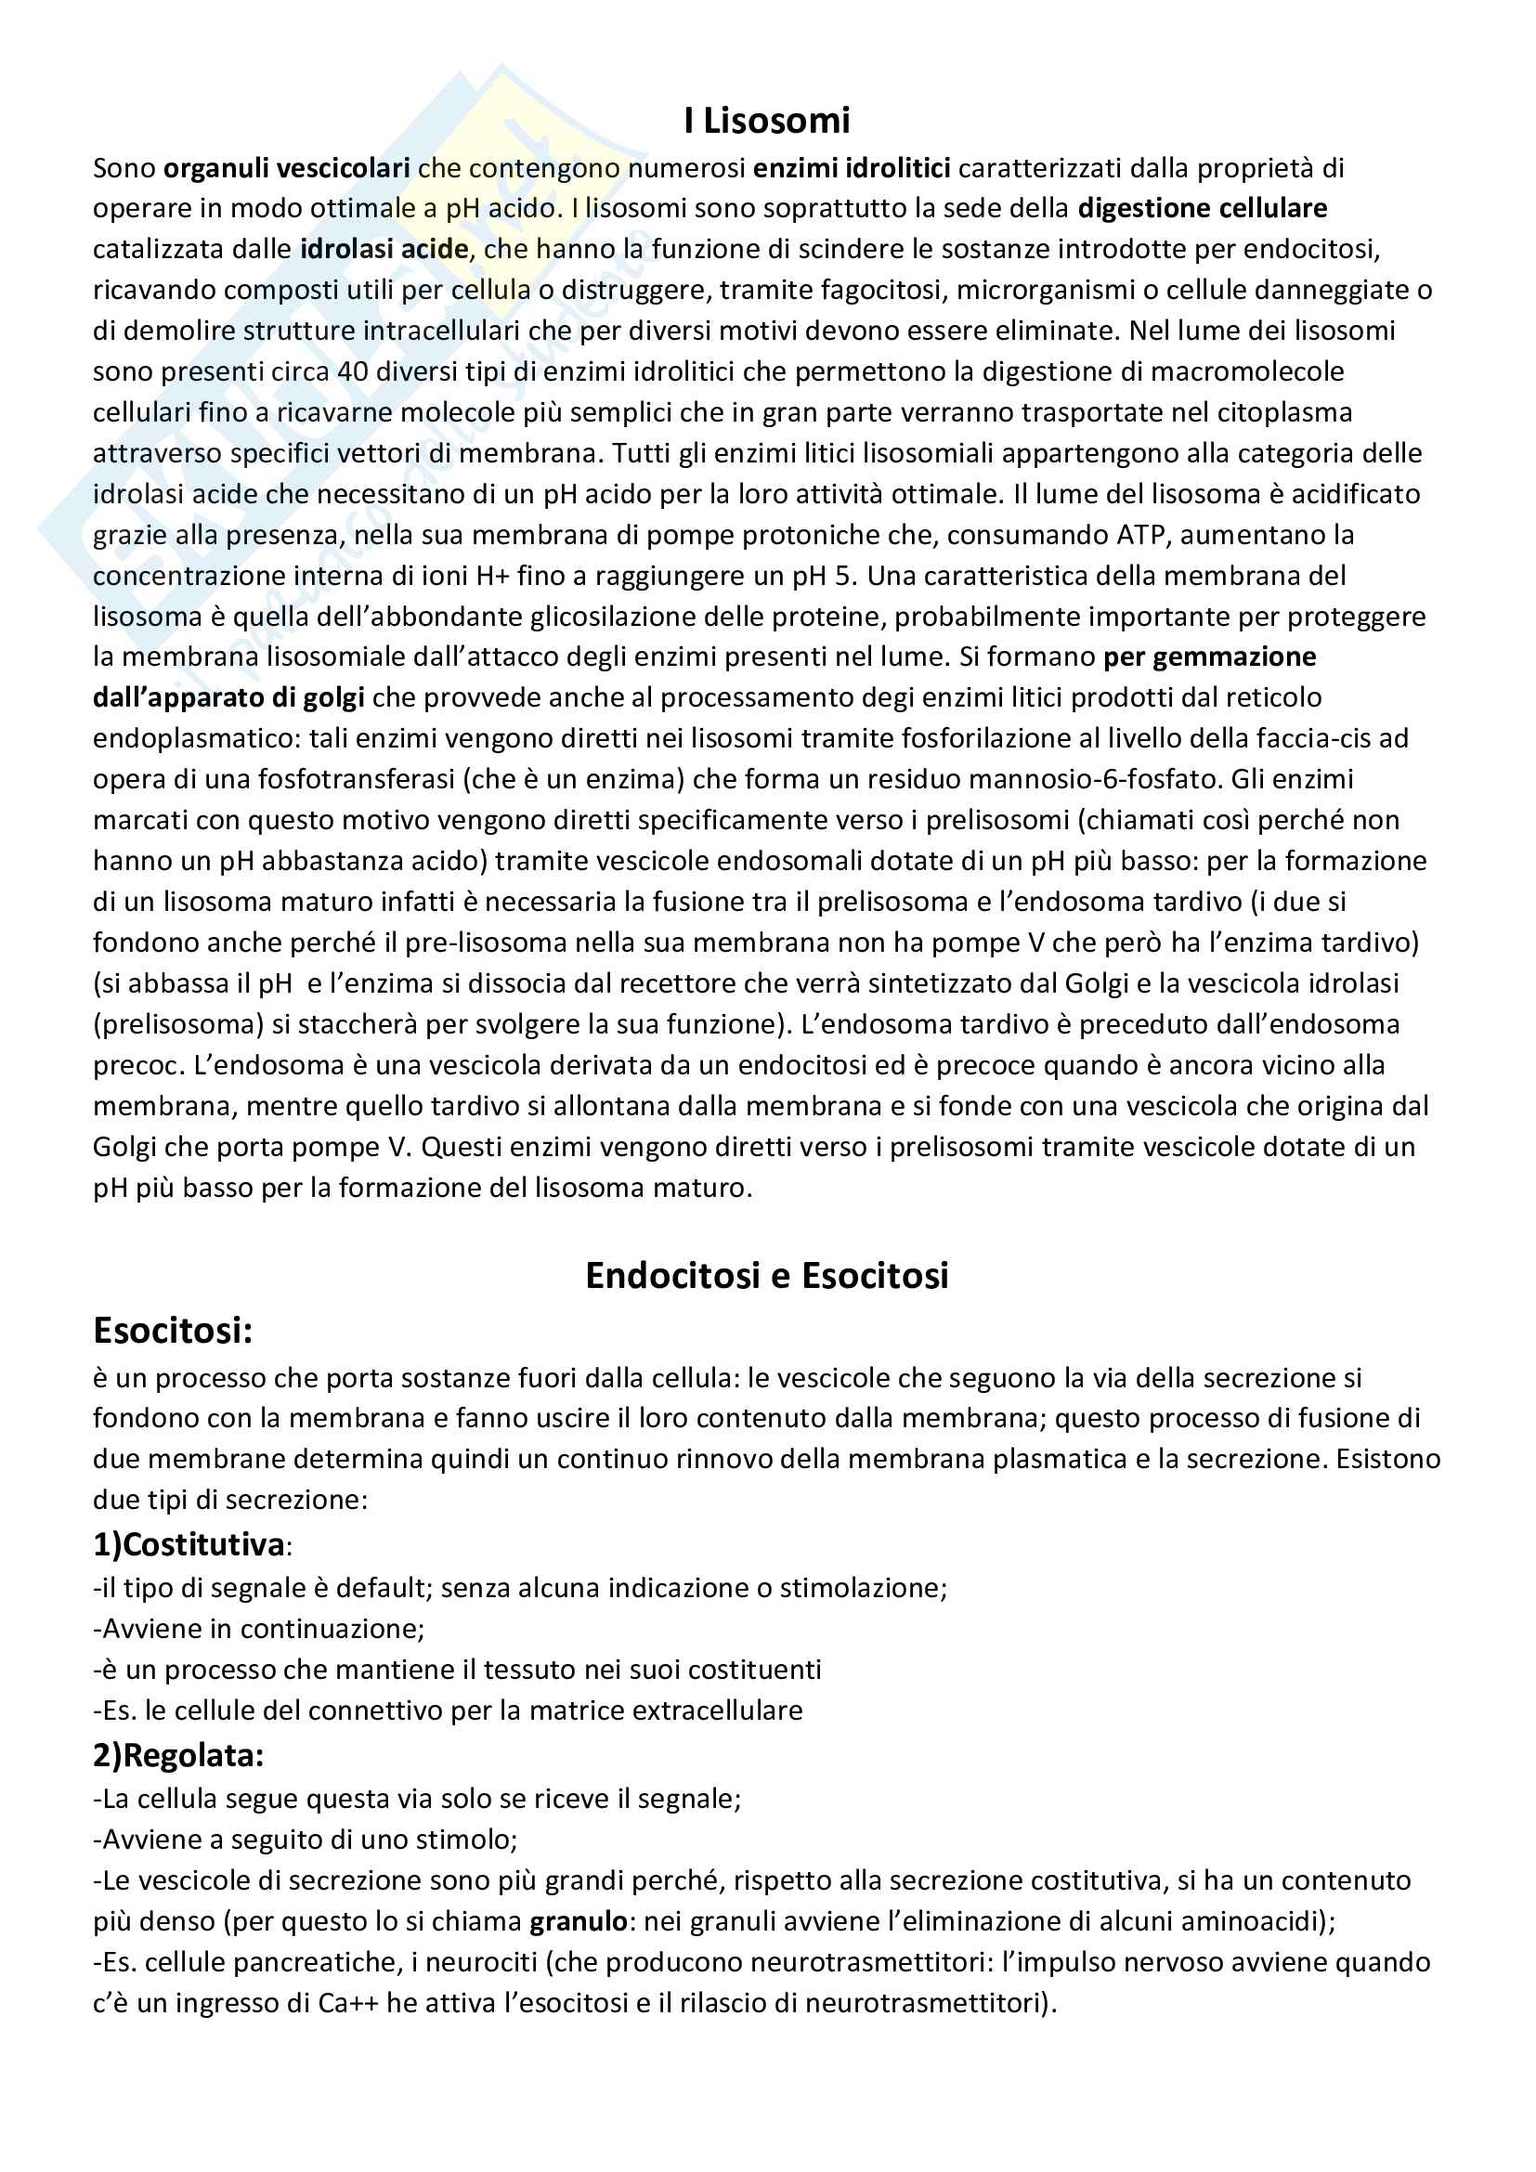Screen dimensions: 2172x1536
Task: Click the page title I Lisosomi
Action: coord(767,121)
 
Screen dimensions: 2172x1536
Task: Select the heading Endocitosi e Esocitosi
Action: coord(767,1275)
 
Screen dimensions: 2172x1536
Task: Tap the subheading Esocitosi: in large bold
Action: coord(173,1331)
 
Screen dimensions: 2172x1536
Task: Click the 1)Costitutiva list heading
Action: coord(189,1545)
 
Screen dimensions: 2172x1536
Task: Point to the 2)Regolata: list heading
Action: coord(177,1755)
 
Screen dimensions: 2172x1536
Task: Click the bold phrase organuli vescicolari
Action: coord(287,168)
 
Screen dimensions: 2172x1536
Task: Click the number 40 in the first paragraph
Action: coord(353,371)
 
